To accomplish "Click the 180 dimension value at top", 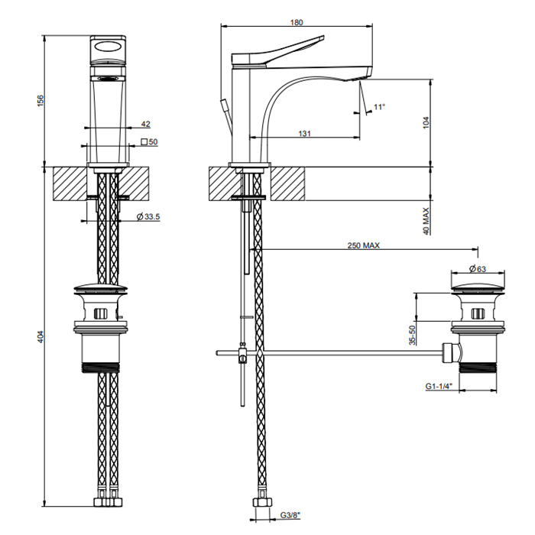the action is pyautogui.click(x=297, y=22).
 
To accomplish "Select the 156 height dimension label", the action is pyautogui.click(x=41, y=101).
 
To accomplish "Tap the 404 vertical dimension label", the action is pyautogui.click(x=41, y=336).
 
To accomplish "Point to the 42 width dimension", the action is pyautogui.click(x=146, y=124).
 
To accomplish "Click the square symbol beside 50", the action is pyautogui.click(x=144, y=141).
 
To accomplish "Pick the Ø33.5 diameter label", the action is pyautogui.click(x=148, y=216).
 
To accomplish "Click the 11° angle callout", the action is pyautogui.click(x=379, y=107).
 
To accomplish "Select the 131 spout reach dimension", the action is pyautogui.click(x=305, y=134).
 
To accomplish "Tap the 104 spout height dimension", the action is pyautogui.click(x=426, y=123).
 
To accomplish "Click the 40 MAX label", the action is pyautogui.click(x=426, y=221).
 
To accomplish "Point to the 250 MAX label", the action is pyautogui.click(x=363, y=245).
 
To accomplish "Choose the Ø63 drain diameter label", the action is pyautogui.click(x=478, y=269).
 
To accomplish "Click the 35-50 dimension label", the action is pyautogui.click(x=413, y=335).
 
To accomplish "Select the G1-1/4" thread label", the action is pyautogui.click(x=439, y=386).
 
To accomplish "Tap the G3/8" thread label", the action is pyautogui.click(x=290, y=515).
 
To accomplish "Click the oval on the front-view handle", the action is pyautogui.click(x=108, y=47).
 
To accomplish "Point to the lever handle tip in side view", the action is pyautogui.click(x=323, y=37).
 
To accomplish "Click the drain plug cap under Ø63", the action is pyautogui.click(x=478, y=287).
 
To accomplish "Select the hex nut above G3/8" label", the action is pyautogui.click(x=262, y=502).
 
